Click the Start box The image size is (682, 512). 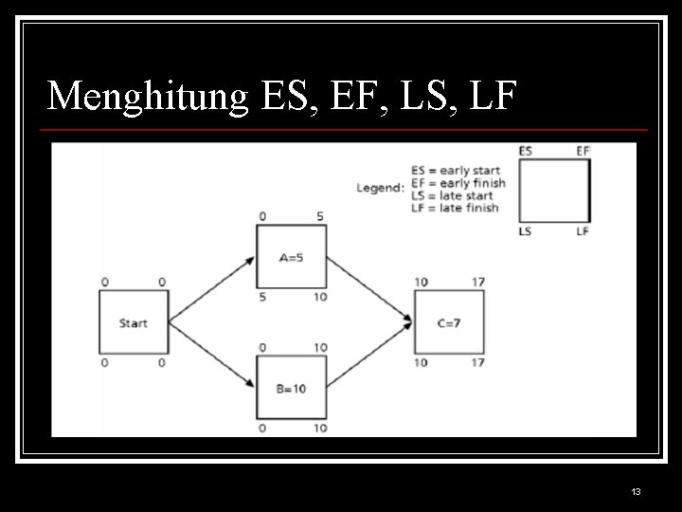[134, 323]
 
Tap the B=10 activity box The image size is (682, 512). [291, 388]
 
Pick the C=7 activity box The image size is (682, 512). [449, 323]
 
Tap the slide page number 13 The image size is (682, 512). [636, 491]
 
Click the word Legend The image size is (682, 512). [380, 188]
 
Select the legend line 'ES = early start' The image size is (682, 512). [456, 171]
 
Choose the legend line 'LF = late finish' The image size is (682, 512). [455, 208]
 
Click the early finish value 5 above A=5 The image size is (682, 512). [320, 217]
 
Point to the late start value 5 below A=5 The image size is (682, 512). [261, 297]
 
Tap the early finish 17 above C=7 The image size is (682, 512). [477, 283]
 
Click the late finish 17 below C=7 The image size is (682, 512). [477, 362]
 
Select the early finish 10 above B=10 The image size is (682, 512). [320, 348]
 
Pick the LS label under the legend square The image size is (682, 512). [525, 231]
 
